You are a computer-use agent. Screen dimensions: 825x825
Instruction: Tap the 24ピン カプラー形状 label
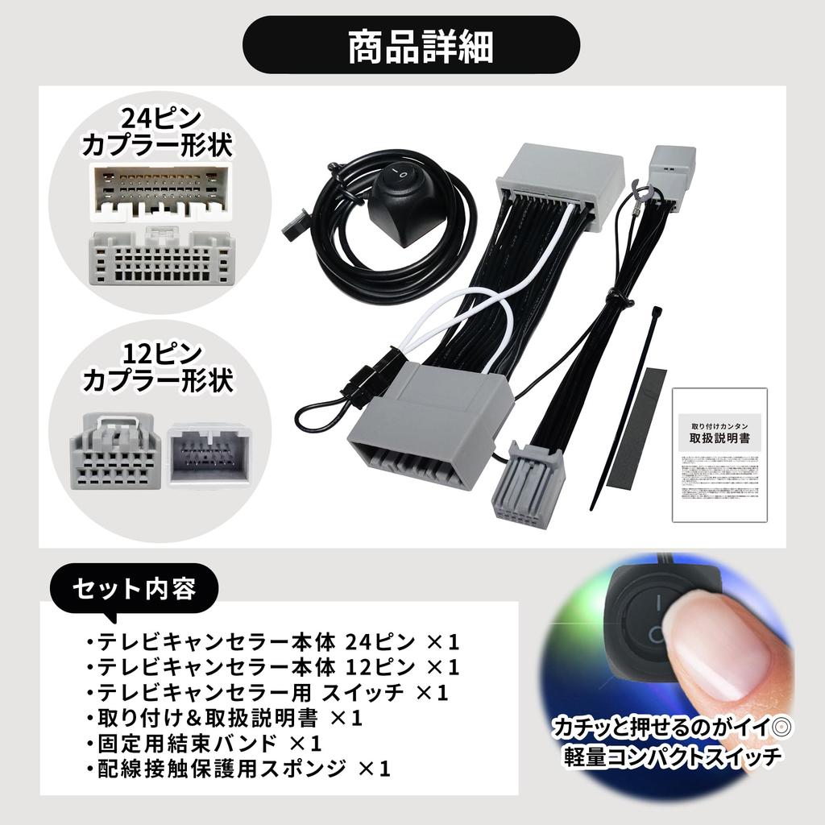158,133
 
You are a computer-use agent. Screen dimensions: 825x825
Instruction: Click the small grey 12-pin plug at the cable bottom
528,484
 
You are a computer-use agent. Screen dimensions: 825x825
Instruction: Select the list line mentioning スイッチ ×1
266,692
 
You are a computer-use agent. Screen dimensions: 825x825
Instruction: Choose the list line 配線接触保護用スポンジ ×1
238,769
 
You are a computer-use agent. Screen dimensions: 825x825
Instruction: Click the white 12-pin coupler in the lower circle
209,455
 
